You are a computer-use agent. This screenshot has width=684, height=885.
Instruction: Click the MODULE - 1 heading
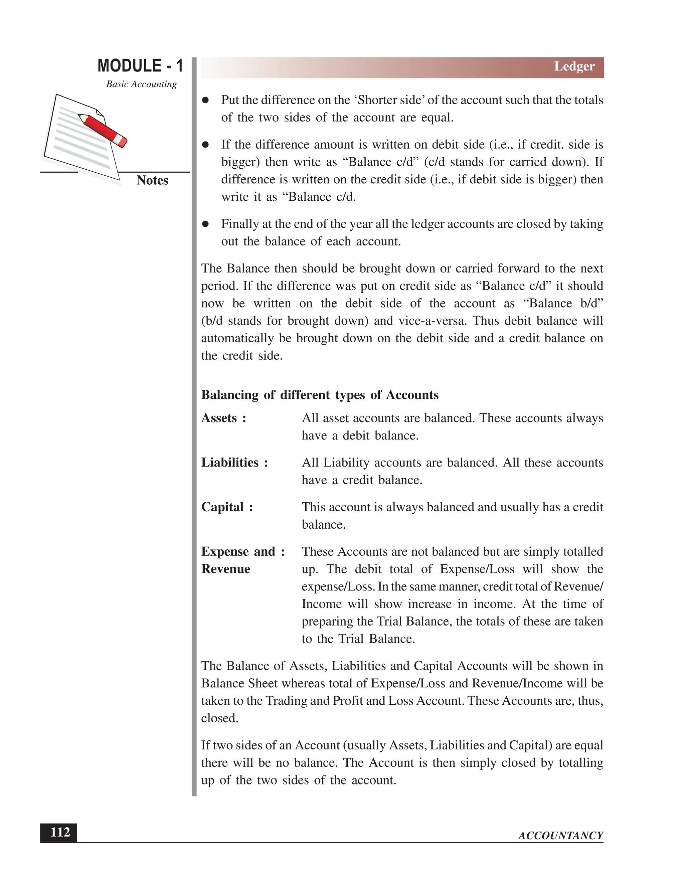point(140,66)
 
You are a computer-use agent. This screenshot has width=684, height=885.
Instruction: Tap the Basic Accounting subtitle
point(141,84)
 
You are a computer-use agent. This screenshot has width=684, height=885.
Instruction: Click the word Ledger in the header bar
point(574,66)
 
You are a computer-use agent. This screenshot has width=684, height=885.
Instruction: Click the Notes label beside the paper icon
point(152,180)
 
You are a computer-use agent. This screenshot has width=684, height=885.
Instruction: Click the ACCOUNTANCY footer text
point(560,836)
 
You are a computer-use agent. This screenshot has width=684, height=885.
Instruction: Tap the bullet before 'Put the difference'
point(206,100)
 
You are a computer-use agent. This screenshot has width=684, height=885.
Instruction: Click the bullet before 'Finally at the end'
point(206,224)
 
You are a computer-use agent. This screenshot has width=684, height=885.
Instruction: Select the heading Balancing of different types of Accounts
point(320,395)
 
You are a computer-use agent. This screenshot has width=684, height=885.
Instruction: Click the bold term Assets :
point(224,418)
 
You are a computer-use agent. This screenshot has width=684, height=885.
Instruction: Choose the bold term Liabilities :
point(234,463)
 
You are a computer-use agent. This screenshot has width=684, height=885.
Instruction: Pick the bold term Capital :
point(227,507)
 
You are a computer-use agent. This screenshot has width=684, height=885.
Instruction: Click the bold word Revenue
point(226,569)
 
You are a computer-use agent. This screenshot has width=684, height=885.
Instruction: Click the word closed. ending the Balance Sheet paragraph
point(220,718)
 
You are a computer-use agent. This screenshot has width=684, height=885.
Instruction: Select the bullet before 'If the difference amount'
point(206,145)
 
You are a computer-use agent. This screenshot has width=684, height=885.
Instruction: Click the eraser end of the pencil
point(122,141)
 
